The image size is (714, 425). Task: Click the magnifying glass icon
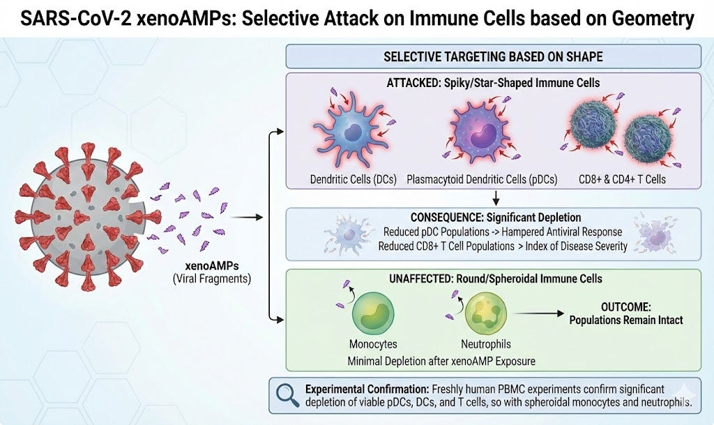pyautogui.click(x=286, y=396)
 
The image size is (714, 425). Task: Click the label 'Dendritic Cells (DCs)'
pyautogui.click(x=354, y=179)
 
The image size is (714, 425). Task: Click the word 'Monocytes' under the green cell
pyautogui.click(x=374, y=344)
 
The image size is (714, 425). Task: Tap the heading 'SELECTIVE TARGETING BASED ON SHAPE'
pyautogui.click(x=493, y=56)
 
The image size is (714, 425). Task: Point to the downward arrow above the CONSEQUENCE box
pyautogui.click(x=494, y=196)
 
